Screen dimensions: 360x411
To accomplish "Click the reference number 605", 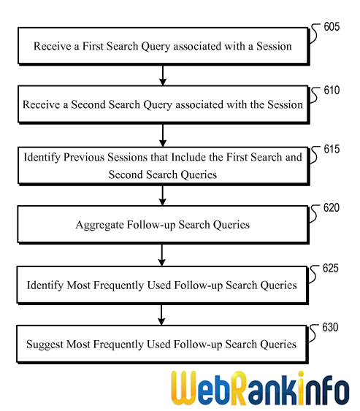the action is click(332, 27).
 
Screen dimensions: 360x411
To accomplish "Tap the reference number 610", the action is click(332, 91).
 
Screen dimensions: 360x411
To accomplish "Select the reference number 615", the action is click(332, 149).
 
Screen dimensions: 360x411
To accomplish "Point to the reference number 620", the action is click(332, 207).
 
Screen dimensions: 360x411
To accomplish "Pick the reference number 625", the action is click(331, 269).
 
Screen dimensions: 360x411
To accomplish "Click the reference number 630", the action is click(330, 327).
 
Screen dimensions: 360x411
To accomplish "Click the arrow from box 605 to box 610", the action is click(163, 75).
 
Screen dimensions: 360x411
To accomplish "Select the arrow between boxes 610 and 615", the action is click(163, 136).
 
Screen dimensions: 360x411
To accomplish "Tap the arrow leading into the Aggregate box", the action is click(163, 196).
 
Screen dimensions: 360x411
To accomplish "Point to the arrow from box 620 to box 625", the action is click(162, 256).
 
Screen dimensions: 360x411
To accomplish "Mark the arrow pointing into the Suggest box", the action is click(161, 315).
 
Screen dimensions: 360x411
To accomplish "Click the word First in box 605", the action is click(93, 46).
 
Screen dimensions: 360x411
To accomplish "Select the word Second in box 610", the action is click(88, 104).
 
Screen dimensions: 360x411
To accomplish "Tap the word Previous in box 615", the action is click(84, 157).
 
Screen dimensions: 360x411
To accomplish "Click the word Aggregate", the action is click(99, 225).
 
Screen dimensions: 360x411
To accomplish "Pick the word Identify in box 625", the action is click(45, 285).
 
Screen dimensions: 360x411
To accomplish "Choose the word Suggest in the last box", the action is click(45, 345).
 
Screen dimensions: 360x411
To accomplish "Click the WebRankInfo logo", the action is click(261, 388).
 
